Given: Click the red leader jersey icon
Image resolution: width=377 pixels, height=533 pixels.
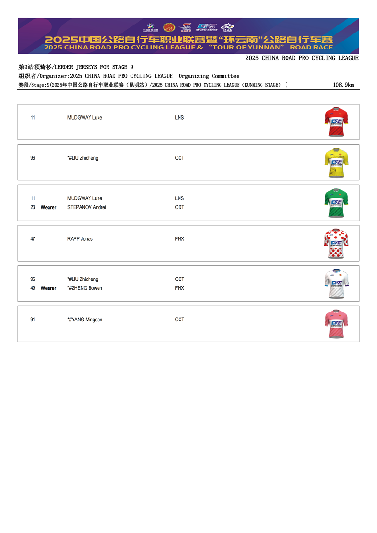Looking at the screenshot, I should pos(336,122).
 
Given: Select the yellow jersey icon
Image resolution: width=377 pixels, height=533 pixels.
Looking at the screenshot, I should pos(336,163).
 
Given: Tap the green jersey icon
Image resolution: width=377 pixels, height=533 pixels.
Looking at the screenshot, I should pos(336,203).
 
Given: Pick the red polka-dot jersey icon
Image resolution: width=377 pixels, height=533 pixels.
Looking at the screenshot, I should pos(336,244).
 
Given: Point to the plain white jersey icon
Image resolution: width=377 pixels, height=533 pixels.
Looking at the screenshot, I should pos(336,284).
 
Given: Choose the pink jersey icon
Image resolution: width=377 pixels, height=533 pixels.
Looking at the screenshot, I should pos(336,324).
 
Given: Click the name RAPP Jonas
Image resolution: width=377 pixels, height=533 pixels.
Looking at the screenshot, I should pos(80,239).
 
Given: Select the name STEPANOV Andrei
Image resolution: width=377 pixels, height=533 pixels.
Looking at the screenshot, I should pos(87,207).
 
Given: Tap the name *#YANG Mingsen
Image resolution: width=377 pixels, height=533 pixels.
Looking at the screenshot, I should pos(85,320).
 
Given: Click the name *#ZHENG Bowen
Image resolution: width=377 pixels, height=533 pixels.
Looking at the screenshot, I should pos(85,288).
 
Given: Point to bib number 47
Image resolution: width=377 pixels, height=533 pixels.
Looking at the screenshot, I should pos(33,239).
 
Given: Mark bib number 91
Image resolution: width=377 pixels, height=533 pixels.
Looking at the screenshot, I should pos(33,320).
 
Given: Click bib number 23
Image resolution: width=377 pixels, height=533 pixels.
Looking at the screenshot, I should pos(33,207).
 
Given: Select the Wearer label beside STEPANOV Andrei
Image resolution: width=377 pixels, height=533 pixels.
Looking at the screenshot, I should pos(49,207).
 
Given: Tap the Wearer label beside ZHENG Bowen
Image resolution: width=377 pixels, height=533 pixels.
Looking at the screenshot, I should pos(49,288).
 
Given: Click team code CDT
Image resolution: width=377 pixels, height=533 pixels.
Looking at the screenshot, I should pos(180,207).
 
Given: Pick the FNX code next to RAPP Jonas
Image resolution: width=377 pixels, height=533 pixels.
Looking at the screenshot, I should pos(180,239).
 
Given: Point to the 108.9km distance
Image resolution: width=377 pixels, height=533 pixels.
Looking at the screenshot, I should pos(343,85).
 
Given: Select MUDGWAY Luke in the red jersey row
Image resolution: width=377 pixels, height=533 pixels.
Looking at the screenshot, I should pos(85,117).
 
